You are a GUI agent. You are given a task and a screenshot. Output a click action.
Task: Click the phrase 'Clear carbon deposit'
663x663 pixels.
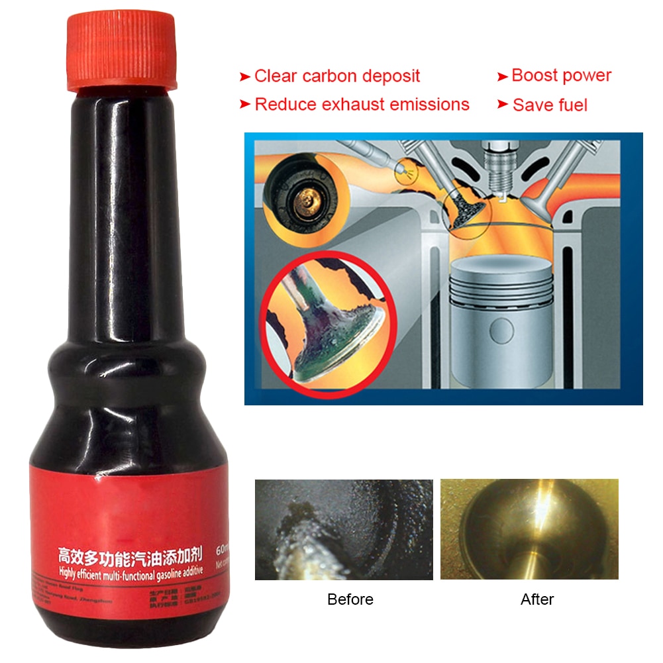click(336, 76)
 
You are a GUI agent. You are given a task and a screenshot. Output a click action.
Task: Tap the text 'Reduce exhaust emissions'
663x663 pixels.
click(362, 105)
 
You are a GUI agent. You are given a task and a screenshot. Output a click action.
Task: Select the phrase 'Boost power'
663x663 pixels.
click(561, 76)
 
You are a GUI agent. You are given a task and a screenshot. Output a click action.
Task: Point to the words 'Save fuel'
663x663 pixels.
click(550, 105)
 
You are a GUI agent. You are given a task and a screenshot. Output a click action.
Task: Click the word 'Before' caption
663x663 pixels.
click(350, 599)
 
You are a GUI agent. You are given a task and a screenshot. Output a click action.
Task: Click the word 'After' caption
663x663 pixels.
click(537, 599)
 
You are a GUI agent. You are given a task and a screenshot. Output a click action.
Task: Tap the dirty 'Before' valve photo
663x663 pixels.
click(344, 529)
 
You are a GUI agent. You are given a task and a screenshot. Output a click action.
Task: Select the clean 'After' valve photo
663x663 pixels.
click(529, 529)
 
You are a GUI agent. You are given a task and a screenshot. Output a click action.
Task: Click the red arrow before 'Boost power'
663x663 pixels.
click(502, 77)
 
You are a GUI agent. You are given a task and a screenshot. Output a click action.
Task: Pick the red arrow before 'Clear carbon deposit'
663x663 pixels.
click(244, 77)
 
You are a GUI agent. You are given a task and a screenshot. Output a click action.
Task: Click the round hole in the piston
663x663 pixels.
click(501, 332)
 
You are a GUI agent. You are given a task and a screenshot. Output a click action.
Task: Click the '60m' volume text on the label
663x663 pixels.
click(220, 549)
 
